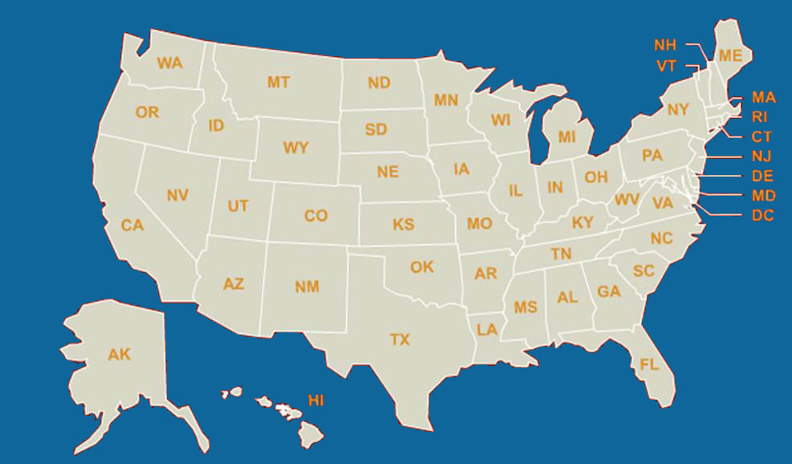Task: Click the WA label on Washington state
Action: click(x=170, y=63)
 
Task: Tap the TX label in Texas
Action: click(x=400, y=340)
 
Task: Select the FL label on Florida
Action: click(x=649, y=364)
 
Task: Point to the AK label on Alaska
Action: click(x=119, y=354)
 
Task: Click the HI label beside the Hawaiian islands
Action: click(x=316, y=400)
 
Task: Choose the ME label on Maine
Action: click(x=730, y=55)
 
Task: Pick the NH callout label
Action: click(x=665, y=45)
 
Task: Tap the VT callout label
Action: click(x=666, y=66)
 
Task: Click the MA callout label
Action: click(x=763, y=97)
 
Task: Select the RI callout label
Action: click(x=760, y=116)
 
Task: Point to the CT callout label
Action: click(x=762, y=136)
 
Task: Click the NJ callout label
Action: click(x=762, y=157)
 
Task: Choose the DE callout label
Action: click(x=762, y=176)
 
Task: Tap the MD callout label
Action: click(x=763, y=196)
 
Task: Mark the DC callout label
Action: click(x=762, y=215)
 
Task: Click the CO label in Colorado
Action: click(x=315, y=216)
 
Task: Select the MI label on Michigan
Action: click(x=567, y=136)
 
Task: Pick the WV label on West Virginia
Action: click(x=626, y=198)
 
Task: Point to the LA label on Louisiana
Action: click(x=487, y=329)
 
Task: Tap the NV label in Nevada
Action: click(x=177, y=195)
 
